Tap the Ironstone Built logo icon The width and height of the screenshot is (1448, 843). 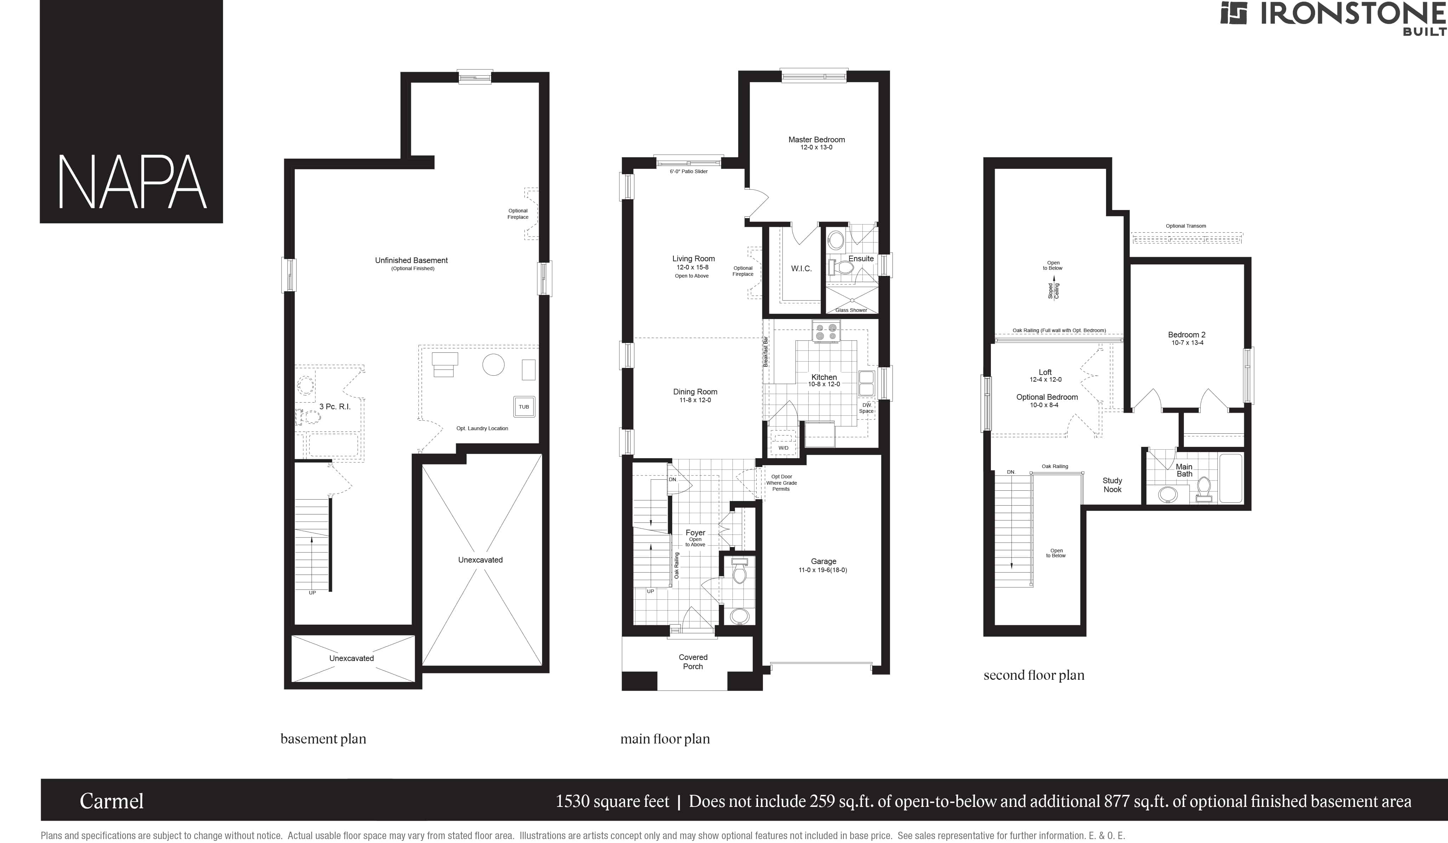click(x=1234, y=13)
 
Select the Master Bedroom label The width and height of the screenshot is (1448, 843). click(x=816, y=139)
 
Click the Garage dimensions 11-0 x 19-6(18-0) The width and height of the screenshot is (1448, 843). click(x=823, y=570)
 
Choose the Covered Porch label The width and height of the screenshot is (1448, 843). click(x=693, y=661)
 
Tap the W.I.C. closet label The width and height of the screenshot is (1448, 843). click(x=801, y=268)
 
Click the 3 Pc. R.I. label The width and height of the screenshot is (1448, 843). click(x=335, y=406)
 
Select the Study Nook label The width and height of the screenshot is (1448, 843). click(x=1112, y=485)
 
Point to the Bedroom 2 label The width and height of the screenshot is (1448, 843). click(x=1187, y=335)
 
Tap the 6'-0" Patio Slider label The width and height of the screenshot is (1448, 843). click(x=688, y=171)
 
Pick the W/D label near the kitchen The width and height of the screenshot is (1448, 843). click(x=783, y=448)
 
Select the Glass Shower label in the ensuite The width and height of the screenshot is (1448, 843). click(x=851, y=310)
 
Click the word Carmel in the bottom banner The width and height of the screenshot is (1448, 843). click(x=112, y=801)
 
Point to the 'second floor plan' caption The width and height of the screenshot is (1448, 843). click(x=1034, y=675)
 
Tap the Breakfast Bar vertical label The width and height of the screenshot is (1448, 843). click(x=765, y=352)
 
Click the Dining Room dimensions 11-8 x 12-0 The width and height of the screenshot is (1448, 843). click(x=695, y=400)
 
